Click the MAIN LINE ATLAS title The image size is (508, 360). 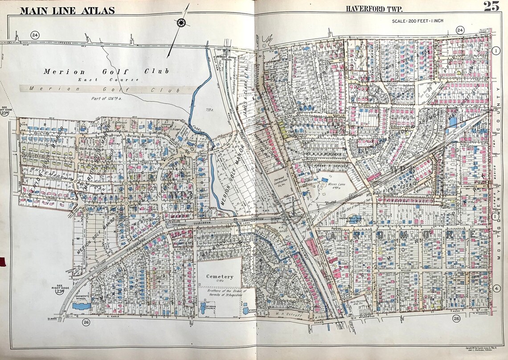coord(67,11)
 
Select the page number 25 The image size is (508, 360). coord(491,6)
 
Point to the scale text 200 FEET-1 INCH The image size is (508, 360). coord(418,21)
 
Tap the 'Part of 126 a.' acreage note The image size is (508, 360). coord(109,98)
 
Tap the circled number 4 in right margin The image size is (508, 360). coord(496,288)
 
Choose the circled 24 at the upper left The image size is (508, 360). coord(34,35)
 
